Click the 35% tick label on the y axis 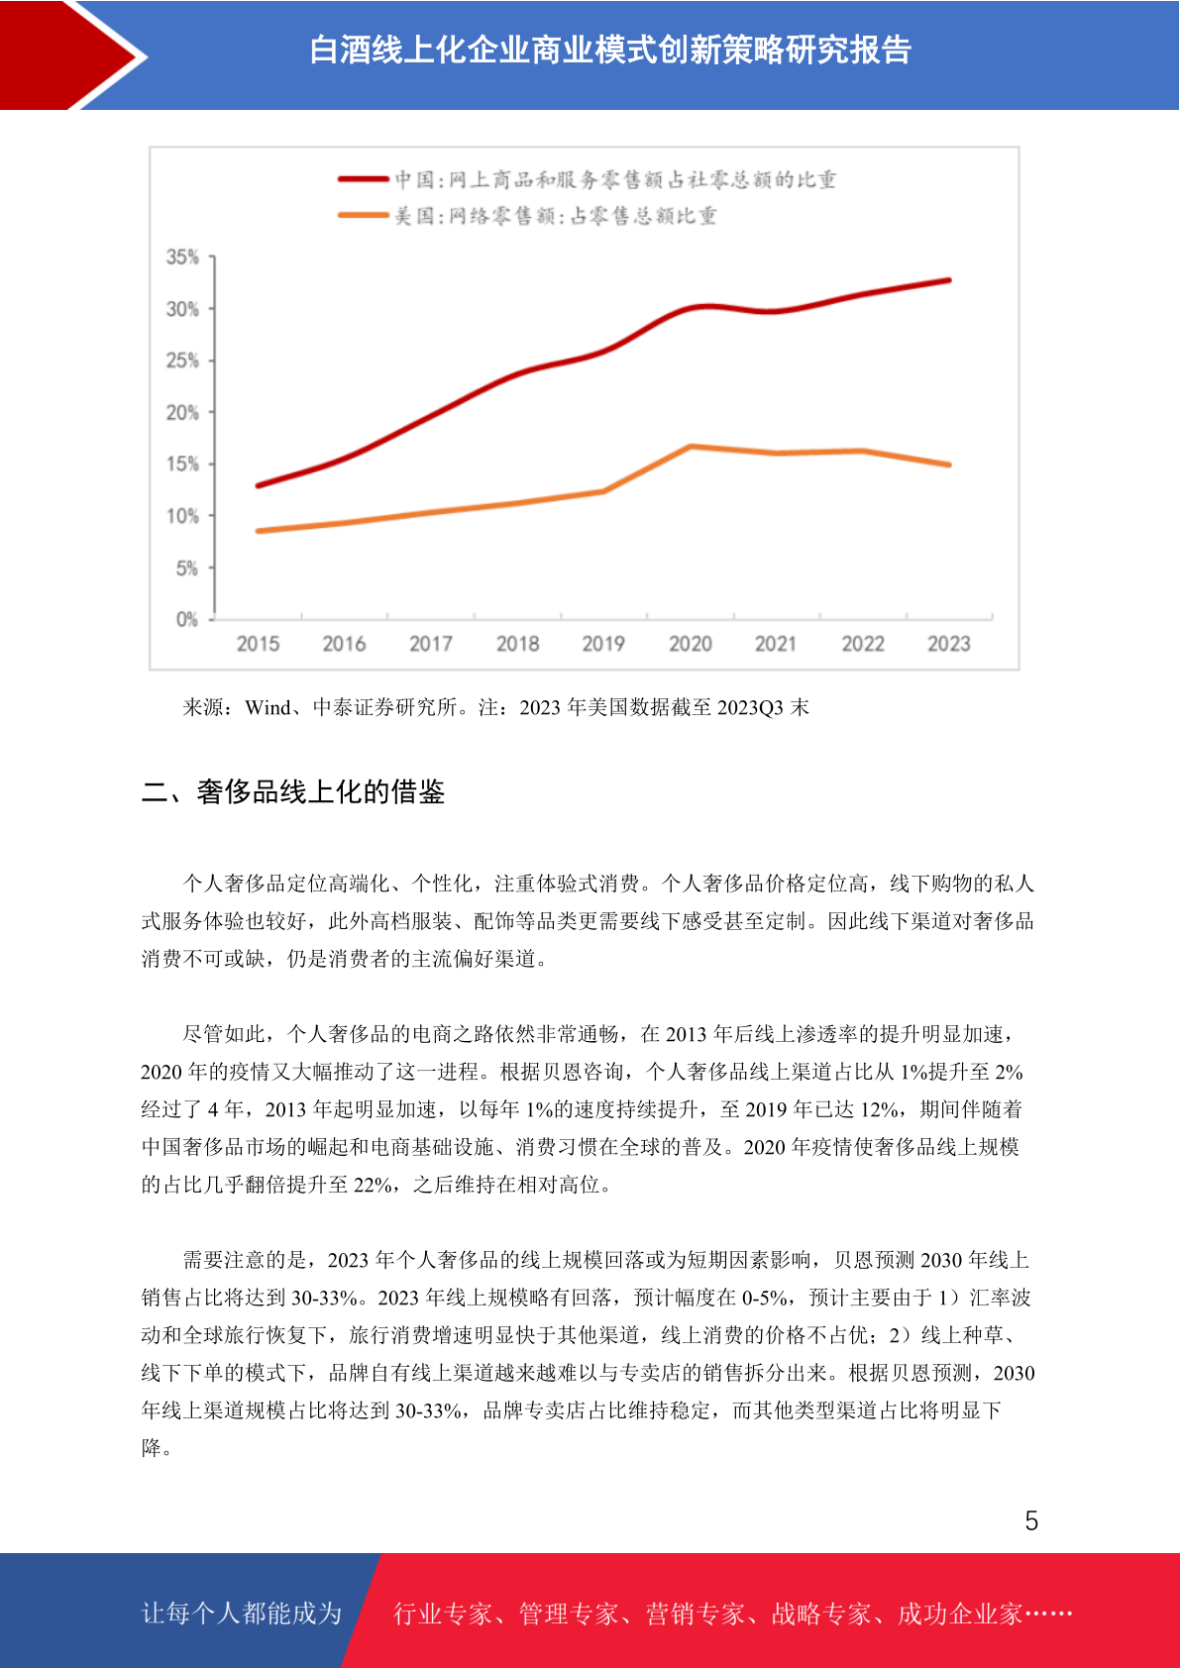click(x=182, y=257)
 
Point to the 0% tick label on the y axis click(x=187, y=619)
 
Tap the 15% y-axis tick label click(x=182, y=464)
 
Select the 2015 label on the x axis click(x=258, y=644)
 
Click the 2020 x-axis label click(x=690, y=644)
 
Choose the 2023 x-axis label click(x=948, y=644)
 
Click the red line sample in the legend click(x=364, y=178)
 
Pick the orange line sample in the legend click(x=364, y=215)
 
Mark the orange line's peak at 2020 click(x=691, y=446)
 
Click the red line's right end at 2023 click(x=948, y=280)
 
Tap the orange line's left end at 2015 click(x=259, y=531)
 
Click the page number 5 click(x=1031, y=1520)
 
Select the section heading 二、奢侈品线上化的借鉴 click(x=292, y=791)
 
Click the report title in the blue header click(x=610, y=50)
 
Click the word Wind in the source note click(x=268, y=706)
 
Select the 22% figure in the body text click(x=373, y=1184)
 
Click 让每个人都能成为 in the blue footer click(x=242, y=1613)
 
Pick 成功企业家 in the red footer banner click(x=959, y=1613)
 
